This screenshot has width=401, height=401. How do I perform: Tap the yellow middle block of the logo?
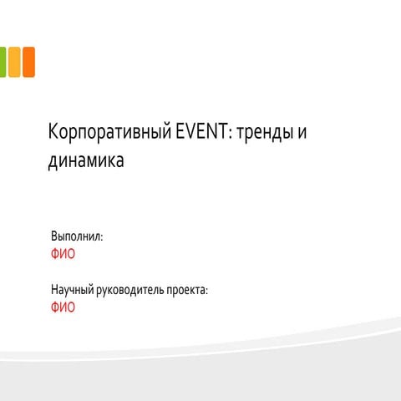14,62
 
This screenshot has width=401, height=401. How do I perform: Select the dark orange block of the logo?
28,62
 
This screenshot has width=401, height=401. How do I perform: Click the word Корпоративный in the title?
109,134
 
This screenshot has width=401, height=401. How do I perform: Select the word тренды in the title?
262,134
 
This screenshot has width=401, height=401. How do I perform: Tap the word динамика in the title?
86,161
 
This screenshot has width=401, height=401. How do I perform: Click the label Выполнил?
76,237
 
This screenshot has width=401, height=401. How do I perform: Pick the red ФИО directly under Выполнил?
63,254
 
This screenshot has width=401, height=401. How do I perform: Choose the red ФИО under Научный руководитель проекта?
63,307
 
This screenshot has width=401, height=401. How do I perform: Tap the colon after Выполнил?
103,239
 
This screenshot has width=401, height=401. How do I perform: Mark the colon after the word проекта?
206,292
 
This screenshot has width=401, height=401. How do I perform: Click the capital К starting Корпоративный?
53,134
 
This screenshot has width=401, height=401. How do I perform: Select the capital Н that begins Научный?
55,290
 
